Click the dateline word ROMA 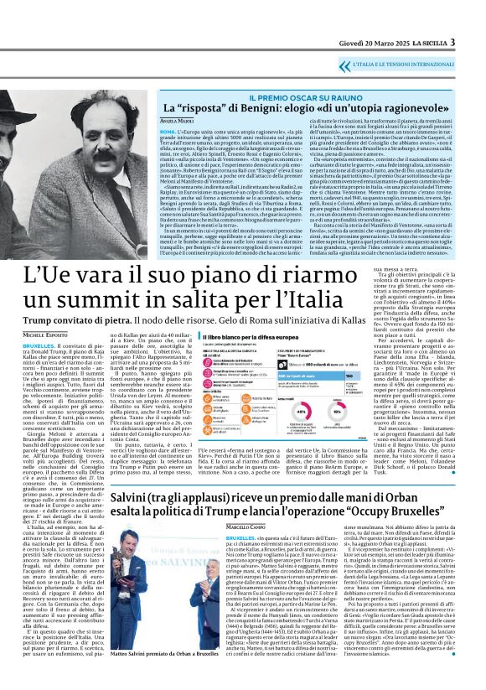[167, 132]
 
